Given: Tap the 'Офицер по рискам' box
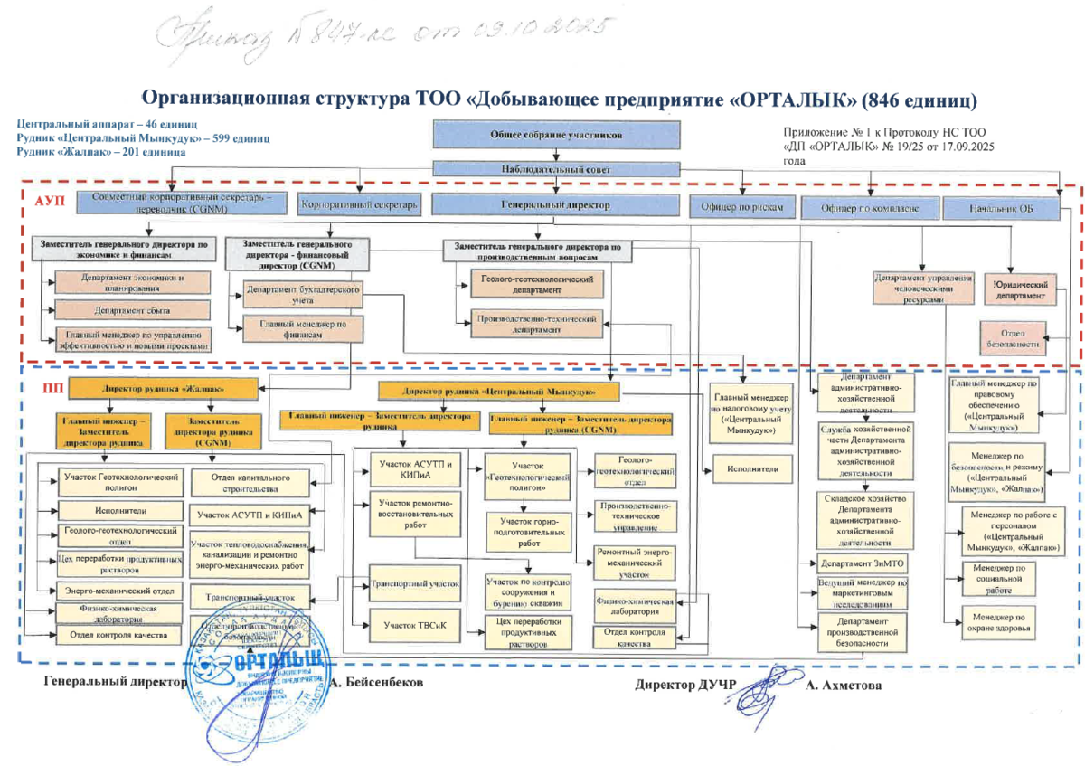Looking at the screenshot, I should tap(741, 207).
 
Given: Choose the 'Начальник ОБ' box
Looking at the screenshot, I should tap(1000, 208).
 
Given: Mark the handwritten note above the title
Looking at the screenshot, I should tap(380, 34).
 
